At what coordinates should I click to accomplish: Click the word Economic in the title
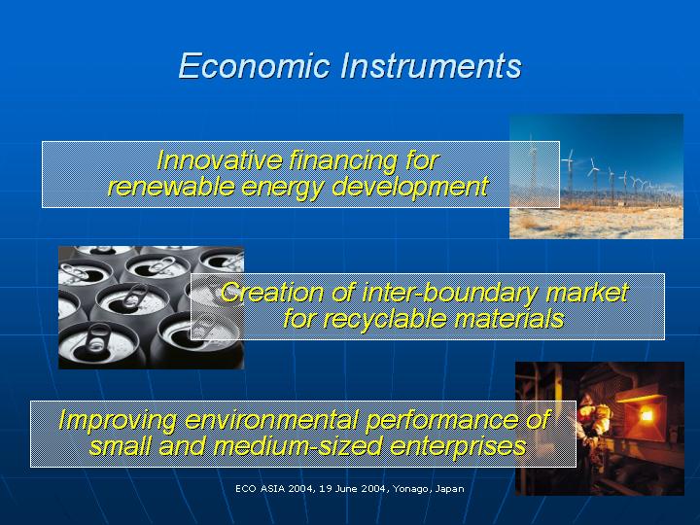point(255,66)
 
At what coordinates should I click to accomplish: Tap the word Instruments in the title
point(431,66)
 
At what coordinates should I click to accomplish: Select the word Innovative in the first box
point(219,159)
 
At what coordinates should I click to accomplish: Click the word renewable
point(171,186)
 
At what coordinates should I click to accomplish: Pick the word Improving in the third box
point(118,421)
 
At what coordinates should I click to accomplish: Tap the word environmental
point(271,420)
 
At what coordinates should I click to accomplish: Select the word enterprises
point(458,447)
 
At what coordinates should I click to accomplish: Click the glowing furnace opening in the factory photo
point(646,416)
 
